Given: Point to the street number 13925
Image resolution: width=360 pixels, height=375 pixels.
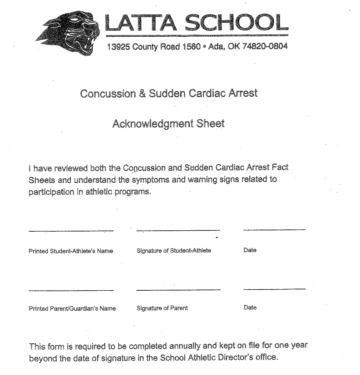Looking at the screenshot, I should tap(118, 47).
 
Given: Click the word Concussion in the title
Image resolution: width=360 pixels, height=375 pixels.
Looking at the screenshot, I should tap(107, 94).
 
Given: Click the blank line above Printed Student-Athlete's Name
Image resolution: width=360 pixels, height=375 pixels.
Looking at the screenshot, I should tap(70, 231).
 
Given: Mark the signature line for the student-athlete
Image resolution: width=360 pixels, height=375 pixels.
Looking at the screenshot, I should tap(178, 231).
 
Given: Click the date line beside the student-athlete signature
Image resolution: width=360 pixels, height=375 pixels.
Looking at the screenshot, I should tap(274, 230).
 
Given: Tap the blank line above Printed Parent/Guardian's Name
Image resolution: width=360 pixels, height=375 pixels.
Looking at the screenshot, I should tap(70, 289).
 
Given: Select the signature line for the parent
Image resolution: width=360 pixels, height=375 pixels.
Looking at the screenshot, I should tap(178, 289).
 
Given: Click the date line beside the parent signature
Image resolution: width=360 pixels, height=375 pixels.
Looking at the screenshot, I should tap(274, 288).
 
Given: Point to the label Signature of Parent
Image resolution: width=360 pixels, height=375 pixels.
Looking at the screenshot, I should tap(162, 308).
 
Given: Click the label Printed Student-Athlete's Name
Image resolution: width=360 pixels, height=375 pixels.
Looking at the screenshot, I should tap(70, 251).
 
